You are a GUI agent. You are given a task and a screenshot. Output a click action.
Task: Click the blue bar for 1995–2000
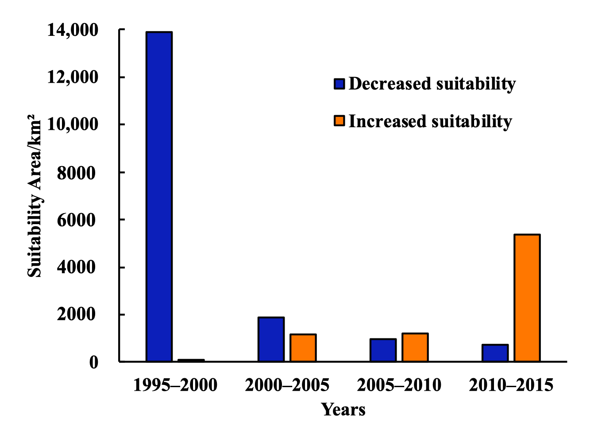[159, 197]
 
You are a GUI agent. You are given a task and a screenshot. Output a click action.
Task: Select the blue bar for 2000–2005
[271, 339]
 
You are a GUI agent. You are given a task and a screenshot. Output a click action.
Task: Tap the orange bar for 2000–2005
[303, 348]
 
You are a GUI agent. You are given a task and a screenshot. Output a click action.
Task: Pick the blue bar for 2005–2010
[383, 350]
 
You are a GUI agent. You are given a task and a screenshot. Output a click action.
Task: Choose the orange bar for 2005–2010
[415, 347]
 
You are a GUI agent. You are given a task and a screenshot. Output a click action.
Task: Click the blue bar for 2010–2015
[495, 353]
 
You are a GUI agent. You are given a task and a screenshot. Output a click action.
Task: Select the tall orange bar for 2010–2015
[527, 298]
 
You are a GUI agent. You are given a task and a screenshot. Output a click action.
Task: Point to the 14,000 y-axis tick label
[73, 30]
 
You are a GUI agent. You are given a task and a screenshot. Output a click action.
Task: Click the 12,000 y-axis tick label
[73, 77]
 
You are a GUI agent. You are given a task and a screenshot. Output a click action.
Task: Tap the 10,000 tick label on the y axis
[73, 124]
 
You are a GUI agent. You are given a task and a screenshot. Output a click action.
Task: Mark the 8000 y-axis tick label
[76, 173]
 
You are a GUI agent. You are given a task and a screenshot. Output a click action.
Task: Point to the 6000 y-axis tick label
[76, 220]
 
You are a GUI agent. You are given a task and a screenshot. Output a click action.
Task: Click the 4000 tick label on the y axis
[76, 268]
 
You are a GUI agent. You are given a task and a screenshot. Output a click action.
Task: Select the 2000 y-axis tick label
[76, 314]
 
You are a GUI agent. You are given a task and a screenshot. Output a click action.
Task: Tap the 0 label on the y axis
[93, 362]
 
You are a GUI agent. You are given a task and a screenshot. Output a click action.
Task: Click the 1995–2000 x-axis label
[175, 385]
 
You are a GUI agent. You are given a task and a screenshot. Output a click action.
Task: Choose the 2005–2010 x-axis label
[399, 385]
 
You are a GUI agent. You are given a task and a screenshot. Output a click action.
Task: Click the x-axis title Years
[343, 410]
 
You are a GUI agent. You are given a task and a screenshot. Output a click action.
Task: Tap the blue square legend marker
[340, 84]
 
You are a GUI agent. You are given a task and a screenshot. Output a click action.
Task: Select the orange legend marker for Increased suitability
[340, 121]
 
